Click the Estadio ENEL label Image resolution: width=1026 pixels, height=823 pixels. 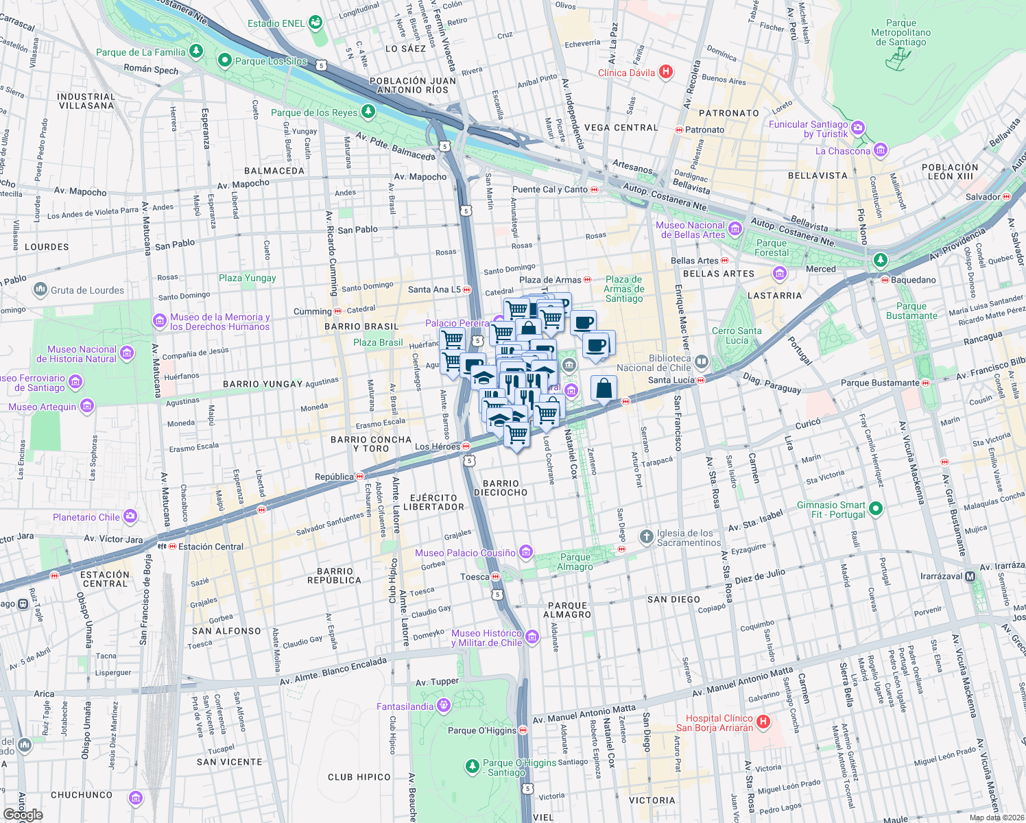click(276, 23)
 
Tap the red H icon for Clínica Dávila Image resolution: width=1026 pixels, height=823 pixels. click(665, 72)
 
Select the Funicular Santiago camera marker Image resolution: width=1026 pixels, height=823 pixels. click(858, 128)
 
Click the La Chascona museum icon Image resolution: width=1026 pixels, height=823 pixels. click(881, 150)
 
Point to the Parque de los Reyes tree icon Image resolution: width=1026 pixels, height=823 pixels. click(368, 111)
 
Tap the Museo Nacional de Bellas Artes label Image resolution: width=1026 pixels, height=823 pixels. click(690, 230)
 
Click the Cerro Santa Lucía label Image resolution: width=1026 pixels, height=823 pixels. click(737, 335)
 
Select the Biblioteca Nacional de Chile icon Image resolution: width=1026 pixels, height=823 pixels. click(701, 361)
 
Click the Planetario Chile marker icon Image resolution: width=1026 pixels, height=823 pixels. click(130, 516)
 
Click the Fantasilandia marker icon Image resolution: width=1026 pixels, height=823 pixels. click(444, 705)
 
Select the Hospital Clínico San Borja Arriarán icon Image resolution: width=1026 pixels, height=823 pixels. click(763, 721)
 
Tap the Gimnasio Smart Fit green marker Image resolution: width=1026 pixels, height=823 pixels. click(875, 509)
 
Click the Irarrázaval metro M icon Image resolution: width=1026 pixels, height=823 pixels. click(970, 576)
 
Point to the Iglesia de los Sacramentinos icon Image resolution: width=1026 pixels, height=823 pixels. click(646, 536)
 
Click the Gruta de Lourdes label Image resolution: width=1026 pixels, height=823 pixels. click(87, 290)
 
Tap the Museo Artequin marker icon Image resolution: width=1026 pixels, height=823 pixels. click(87, 407)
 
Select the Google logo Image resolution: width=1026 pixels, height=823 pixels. click(23, 814)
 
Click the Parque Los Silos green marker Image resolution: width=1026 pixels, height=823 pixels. click(224, 60)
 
